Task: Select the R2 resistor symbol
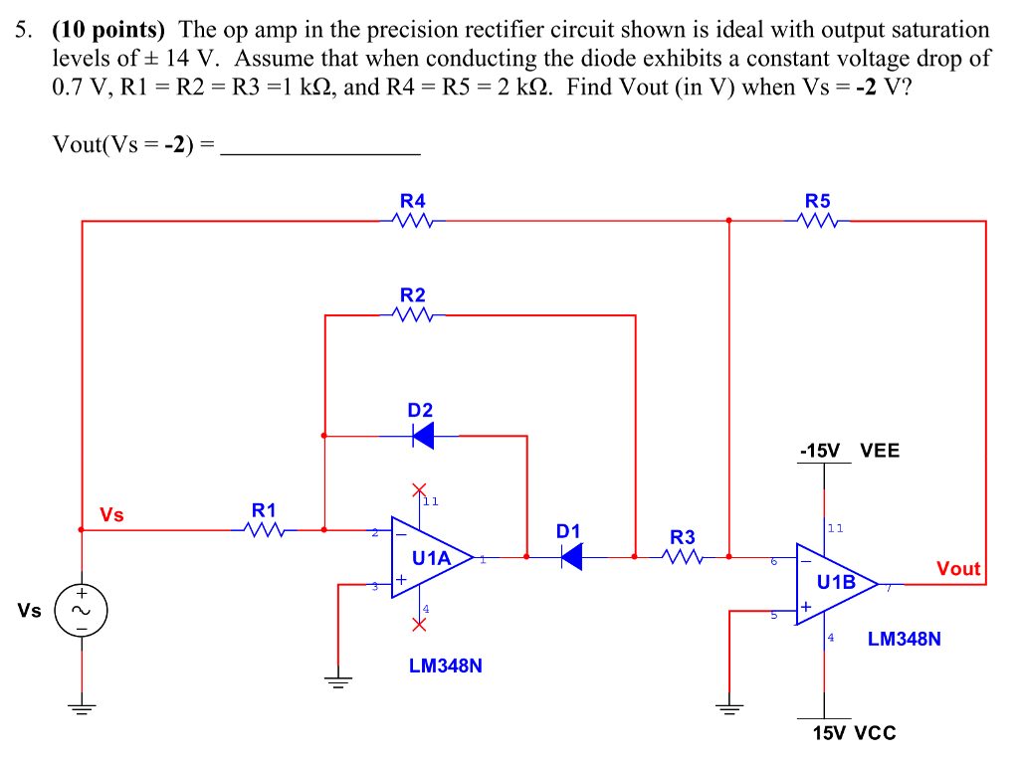point(412,315)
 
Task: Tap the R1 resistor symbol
point(264,530)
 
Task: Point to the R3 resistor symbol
point(683,557)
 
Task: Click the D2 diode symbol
point(422,435)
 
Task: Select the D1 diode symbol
point(570,557)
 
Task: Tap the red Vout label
point(958,569)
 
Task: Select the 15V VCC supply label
point(854,733)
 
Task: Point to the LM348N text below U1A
point(445,666)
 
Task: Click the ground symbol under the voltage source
point(81,709)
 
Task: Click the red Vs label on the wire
point(111,514)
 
